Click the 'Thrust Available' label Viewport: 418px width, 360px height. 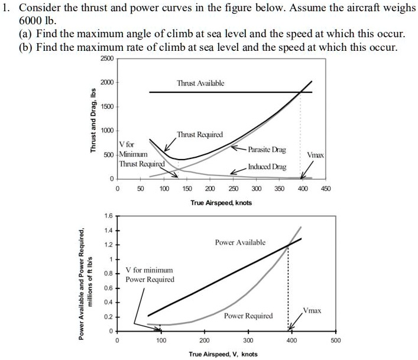coord(200,84)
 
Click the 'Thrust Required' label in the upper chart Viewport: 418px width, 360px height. coord(200,135)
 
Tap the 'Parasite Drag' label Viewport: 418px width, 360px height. coord(267,151)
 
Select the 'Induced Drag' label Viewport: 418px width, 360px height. coord(267,167)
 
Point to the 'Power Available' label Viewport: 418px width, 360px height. coord(241,242)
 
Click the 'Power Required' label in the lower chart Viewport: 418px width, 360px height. coord(248,316)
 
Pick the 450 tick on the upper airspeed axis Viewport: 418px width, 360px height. coord(326,189)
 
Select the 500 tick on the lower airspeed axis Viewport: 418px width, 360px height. coord(335,341)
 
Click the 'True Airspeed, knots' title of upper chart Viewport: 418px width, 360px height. coord(221,203)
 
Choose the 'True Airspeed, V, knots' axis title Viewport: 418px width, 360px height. coord(223,354)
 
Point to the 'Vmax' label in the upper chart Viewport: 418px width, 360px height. coord(315,154)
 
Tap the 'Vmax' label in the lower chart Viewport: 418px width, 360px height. coord(312,310)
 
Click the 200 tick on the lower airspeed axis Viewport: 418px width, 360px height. coord(204,341)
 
